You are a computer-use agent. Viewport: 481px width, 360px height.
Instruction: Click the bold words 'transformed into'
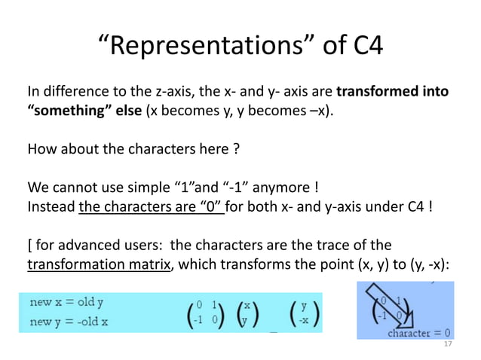pos(392,93)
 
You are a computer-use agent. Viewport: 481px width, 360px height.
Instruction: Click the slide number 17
pos(448,343)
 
